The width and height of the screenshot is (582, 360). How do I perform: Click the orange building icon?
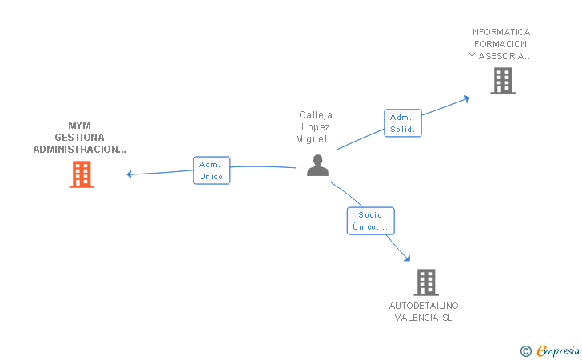(x=82, y=174)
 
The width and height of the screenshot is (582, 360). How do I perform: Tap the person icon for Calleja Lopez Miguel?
(x=318, y=166)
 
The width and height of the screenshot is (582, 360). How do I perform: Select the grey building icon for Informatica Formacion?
(x=503, y=81)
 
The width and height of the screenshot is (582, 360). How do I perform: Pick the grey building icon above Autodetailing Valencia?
(x=426, y=282)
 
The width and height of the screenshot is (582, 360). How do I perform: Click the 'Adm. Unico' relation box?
(x=212, y=170)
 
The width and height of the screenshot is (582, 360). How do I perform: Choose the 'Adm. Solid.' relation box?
(x=402, y=123)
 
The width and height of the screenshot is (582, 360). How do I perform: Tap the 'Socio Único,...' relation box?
(x=370, y=220)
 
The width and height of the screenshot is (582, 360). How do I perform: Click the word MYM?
(x=79, y=126)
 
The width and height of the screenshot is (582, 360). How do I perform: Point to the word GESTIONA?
(x=79, y=138)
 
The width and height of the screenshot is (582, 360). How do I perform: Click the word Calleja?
(x=316, y=115)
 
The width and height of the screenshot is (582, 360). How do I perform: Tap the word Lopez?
(x=316, y=127)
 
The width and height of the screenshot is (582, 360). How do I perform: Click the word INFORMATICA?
(x=500, y=33)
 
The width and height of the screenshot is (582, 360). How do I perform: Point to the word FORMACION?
(x=500, y=45)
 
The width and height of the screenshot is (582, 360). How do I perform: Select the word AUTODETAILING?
(x=424, y=306)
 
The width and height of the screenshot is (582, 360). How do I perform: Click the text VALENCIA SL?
(x=424, y=318)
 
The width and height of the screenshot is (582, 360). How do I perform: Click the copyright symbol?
(x=525, y=350)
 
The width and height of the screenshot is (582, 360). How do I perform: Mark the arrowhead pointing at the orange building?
(x=130, y=174)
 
